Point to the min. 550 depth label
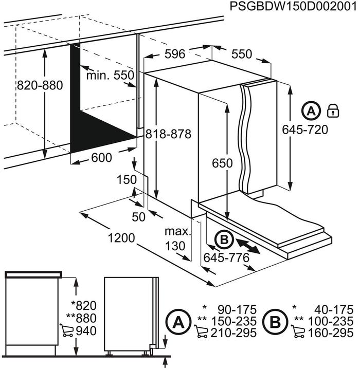110,76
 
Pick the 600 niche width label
101,158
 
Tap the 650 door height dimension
223,163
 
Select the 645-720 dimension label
305,130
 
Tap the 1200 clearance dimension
122,238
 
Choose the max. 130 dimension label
177,239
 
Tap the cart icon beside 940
67,330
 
